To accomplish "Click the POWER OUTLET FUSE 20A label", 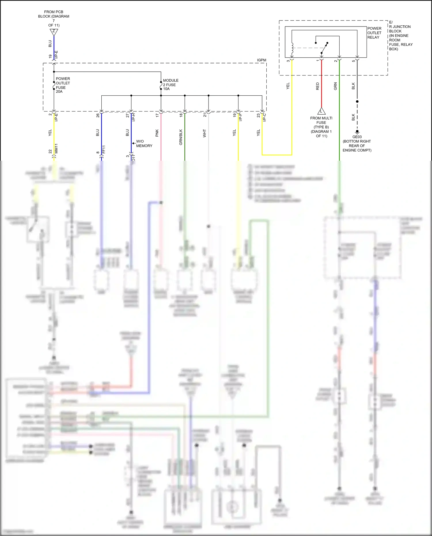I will pos(62,85).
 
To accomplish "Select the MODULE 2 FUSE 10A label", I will pos(170,85).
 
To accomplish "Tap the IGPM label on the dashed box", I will pos(262,60).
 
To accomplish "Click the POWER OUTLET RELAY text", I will pos(374,33).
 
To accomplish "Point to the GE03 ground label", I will pos(357,137).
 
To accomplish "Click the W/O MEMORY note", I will pos(144,143).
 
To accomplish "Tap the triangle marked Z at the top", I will pos(54,32).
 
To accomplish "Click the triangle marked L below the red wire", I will pos(321,111).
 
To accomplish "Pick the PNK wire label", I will pos(157,133).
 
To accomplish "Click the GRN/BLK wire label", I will pos(181,137).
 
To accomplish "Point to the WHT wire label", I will pos(204,133).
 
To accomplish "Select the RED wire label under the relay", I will pos(318,86).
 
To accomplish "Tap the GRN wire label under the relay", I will pos(336,86).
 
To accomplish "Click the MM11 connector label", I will pos(56,148).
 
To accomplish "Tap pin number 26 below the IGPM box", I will pos(98,115).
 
